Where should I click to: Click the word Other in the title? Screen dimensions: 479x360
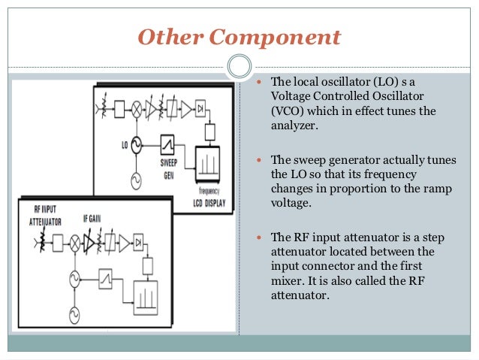(161, 36)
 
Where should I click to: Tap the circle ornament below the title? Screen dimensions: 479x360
(239, 67)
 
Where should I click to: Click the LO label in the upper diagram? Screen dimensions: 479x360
(124, 141)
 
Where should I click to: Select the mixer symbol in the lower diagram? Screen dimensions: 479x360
(74, 242)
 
